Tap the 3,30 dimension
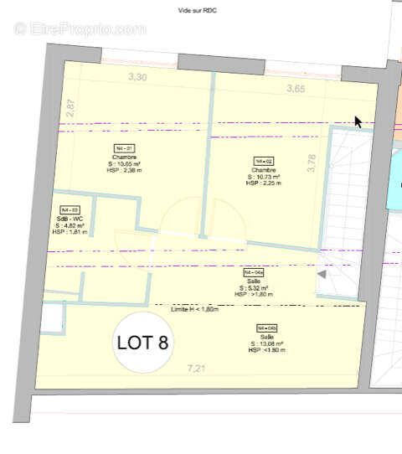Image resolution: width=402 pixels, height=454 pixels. click(137, 78)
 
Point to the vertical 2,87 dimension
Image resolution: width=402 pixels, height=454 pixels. click(71, 108)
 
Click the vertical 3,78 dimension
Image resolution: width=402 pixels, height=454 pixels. click(312, 161)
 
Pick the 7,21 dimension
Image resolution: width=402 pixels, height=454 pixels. click(195, 366)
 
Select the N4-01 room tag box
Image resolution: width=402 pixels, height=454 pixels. click(123, 147)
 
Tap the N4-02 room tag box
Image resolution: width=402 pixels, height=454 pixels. click(263, 161)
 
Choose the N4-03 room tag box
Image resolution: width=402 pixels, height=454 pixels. click(69, 210)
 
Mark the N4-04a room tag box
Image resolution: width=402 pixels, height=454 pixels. click(254, 273)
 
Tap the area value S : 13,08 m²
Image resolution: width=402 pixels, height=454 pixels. click(267, 343)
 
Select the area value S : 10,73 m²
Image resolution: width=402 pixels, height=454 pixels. click(263, 177)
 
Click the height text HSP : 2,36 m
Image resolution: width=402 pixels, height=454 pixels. click(124, 170)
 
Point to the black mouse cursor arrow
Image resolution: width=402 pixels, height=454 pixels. click(358, 122)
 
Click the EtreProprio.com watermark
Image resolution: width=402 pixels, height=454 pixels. click(80, 28)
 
